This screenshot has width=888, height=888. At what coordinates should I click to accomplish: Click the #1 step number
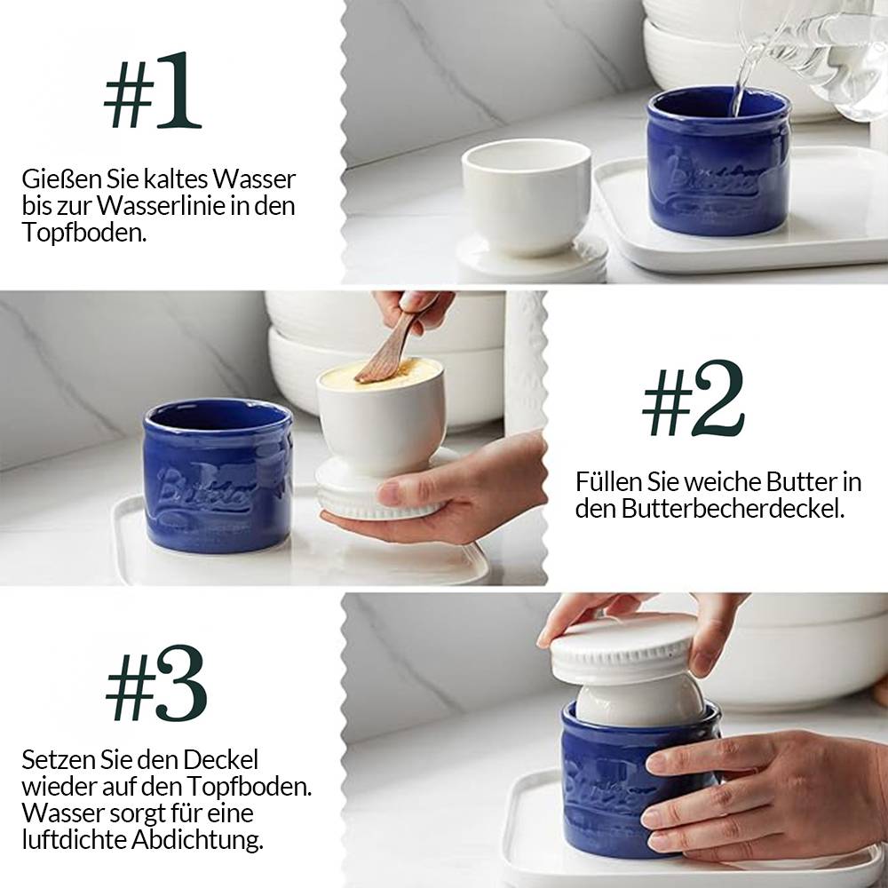[x=152, y=91]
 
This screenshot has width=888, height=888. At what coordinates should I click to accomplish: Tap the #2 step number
[x=694, y=399]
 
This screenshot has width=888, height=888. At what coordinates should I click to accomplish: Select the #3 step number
[x=156, y=684]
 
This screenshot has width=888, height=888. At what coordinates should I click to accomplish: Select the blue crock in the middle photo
[x=218, y=475]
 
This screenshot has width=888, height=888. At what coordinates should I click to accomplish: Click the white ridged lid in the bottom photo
[x=623, y=648]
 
